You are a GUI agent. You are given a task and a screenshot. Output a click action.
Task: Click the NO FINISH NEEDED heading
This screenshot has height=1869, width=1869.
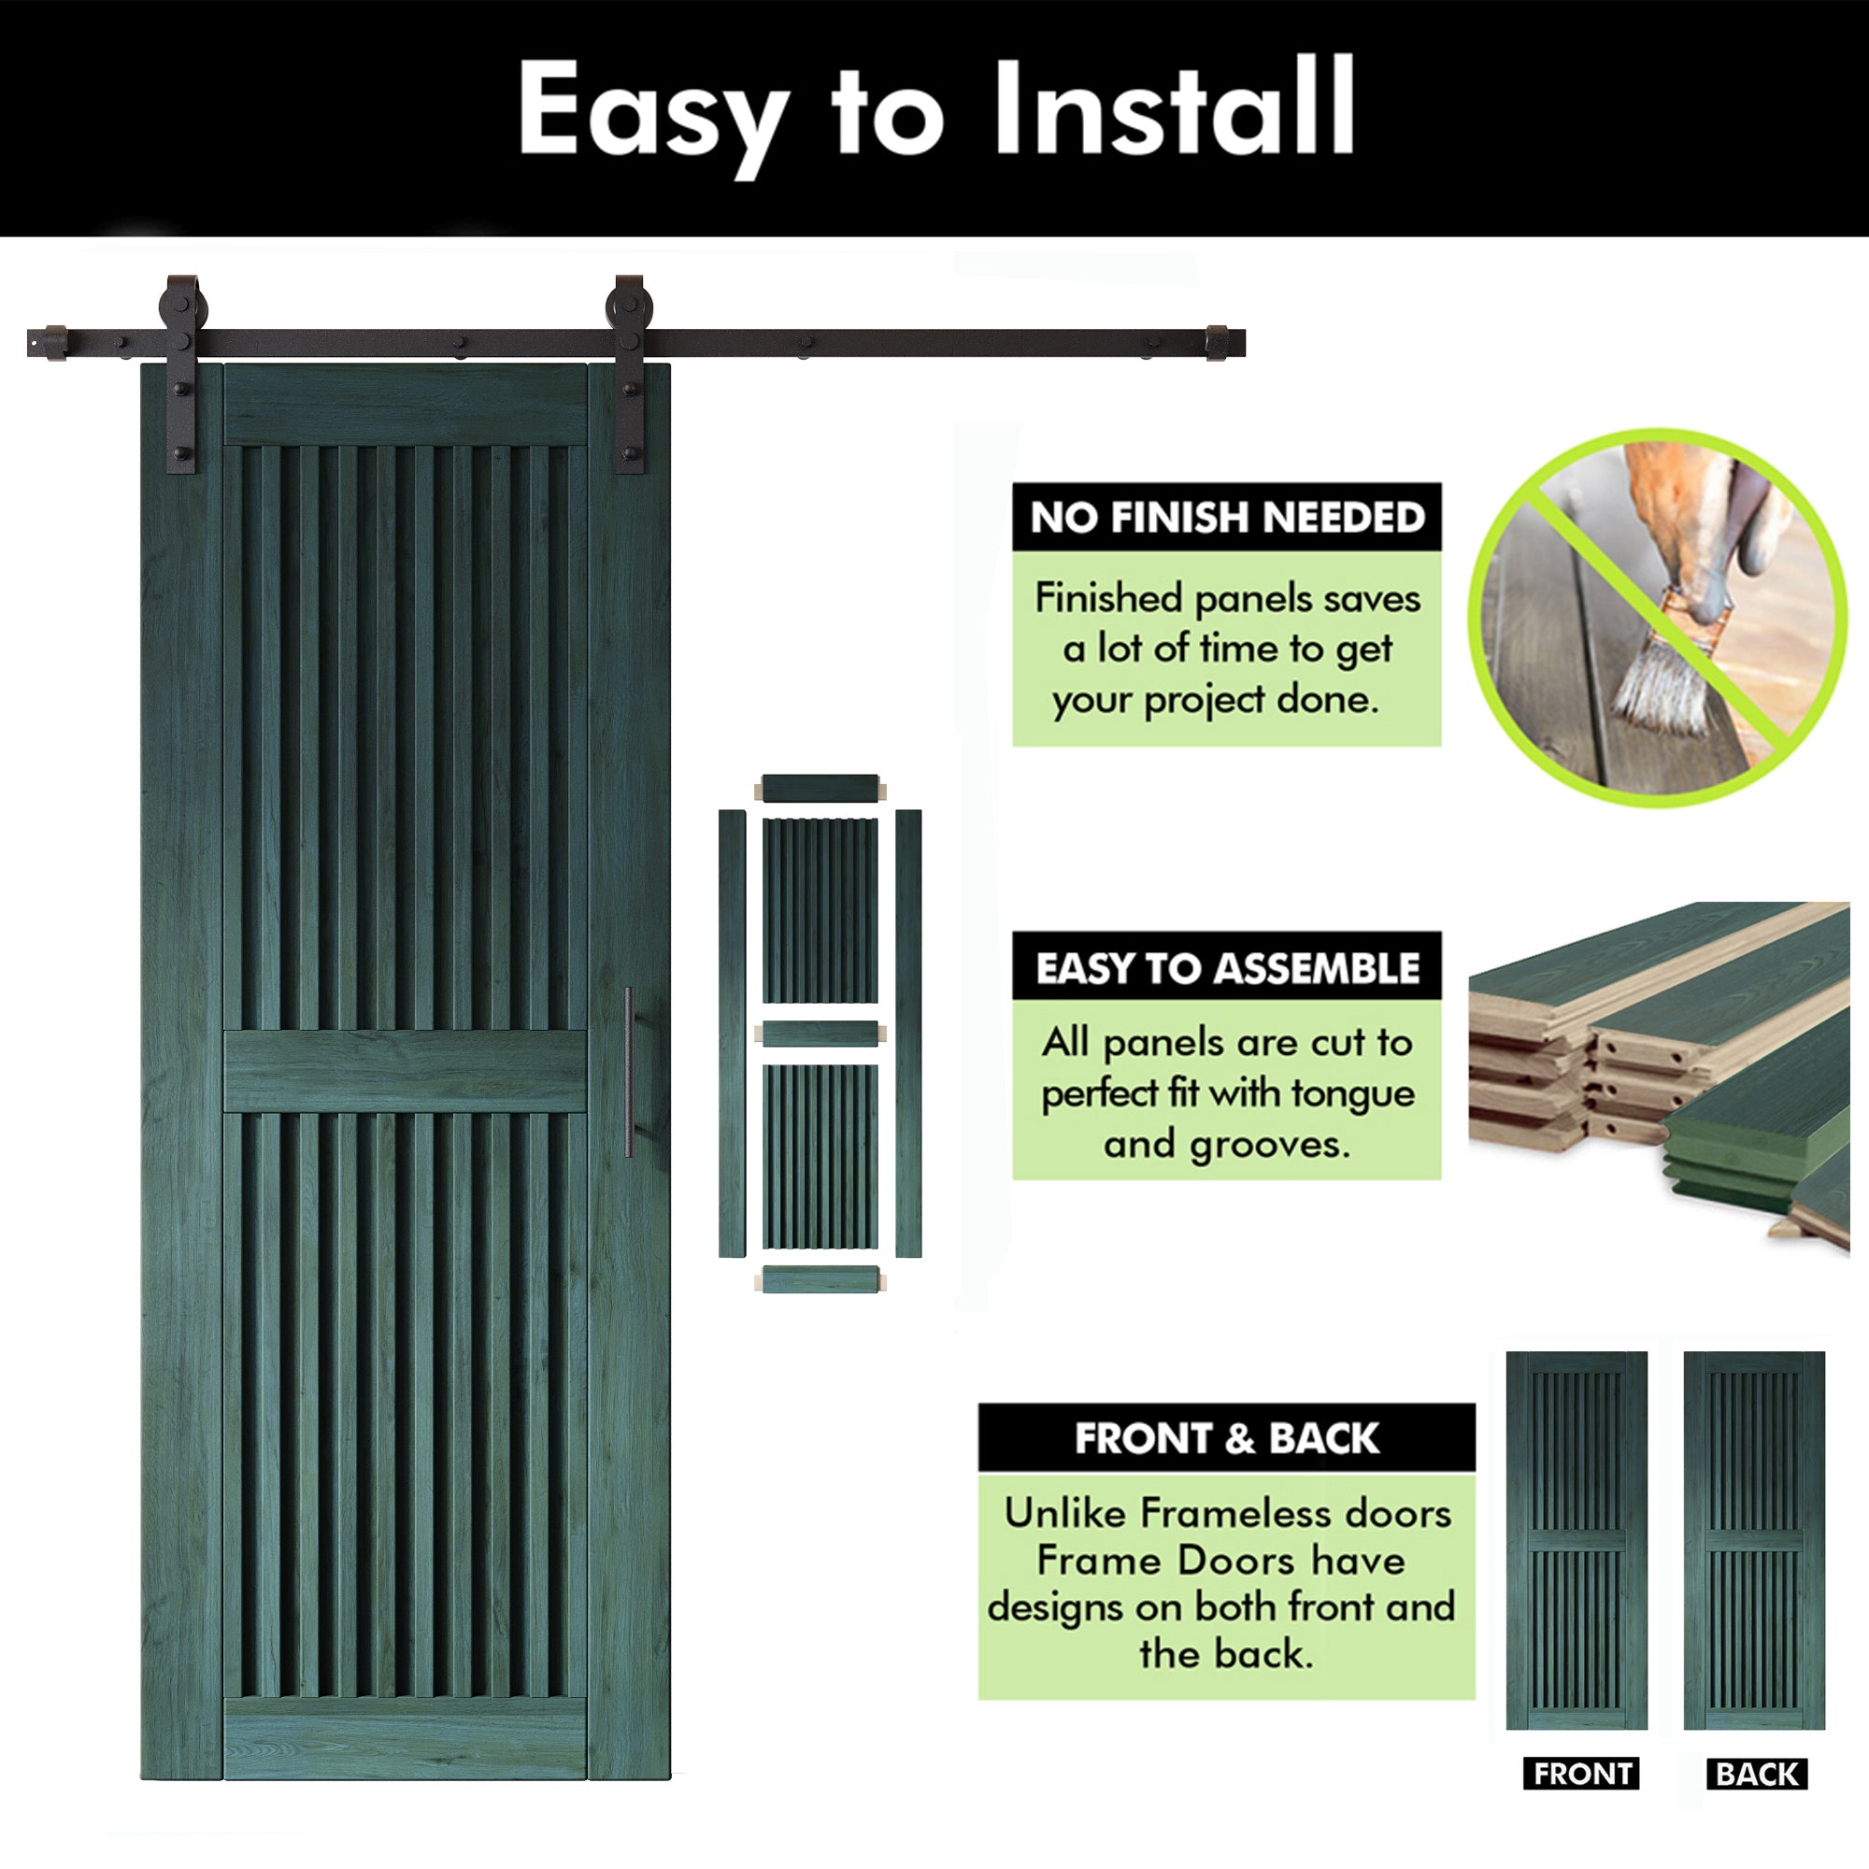[x=1227, y=518]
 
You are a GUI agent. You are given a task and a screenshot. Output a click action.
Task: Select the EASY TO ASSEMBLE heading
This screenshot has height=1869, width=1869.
[x=1227, y=968]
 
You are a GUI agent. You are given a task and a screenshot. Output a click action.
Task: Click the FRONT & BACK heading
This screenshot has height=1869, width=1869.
[x=1227, y=1438]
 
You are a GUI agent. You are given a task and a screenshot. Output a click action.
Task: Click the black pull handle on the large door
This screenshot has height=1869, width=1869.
[x=629, y=1072]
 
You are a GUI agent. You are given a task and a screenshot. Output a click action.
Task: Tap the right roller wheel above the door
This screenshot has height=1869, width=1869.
[x=629, y=302]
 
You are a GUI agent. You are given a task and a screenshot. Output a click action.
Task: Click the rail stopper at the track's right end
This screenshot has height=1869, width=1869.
[x=1218, y=342]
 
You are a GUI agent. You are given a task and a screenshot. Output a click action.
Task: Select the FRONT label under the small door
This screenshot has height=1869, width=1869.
[x=1582, y=1775]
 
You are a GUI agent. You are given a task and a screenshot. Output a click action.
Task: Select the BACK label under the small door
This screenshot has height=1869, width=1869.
[x=1757, y=1775]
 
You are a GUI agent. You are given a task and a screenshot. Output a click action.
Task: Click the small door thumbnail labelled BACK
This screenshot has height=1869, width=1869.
[x=1754, y=1540]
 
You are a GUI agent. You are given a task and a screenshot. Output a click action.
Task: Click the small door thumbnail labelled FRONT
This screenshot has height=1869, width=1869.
[x=1577, y=1540]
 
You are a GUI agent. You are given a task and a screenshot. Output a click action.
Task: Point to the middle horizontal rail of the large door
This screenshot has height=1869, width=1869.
[x=406, y=1071]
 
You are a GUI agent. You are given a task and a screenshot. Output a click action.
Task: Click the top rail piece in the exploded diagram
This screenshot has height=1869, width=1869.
[x=820, y=789]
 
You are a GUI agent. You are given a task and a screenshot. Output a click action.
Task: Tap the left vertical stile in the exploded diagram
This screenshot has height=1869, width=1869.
[x=733, y=1034]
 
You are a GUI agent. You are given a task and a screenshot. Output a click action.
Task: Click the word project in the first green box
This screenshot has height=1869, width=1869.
[x=1205, y=699]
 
